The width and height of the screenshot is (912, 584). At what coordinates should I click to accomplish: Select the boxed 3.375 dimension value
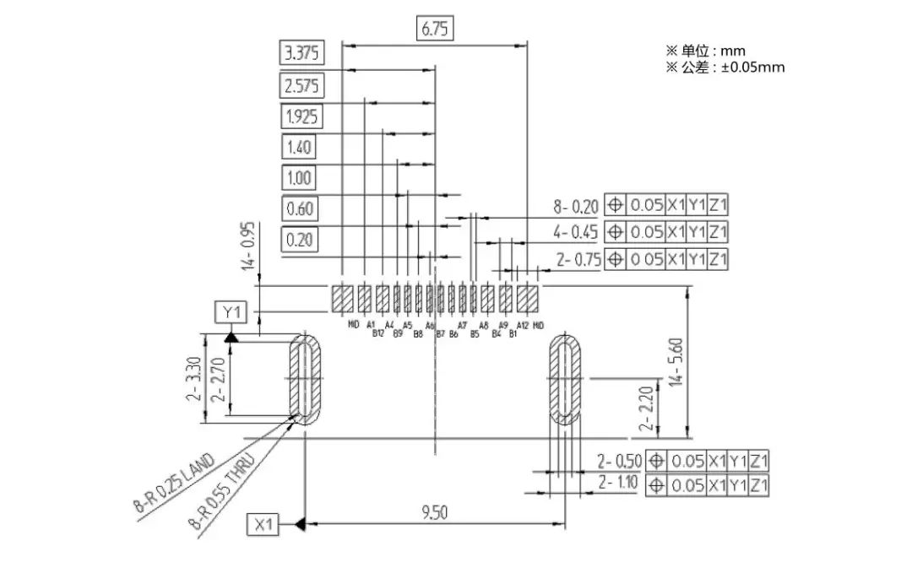(x=301, y=54)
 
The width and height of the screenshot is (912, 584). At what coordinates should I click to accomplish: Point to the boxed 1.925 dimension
(x=301, y=116)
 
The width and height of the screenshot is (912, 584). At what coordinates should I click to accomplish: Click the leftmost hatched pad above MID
(x=343, y=298)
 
